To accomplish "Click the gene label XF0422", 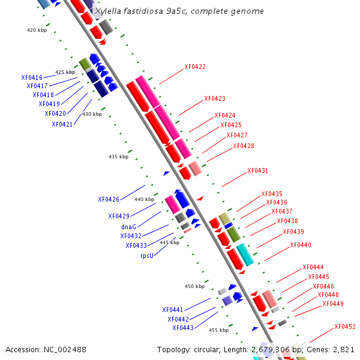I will pos(195,67).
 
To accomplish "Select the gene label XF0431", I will pos(257,170).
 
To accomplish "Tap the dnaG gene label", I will pos(129,227).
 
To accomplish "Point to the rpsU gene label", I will pos(147,255).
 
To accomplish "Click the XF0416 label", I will pos(32,77).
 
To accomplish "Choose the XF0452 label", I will pos(345,326).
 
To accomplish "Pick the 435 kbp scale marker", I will pos(118,157).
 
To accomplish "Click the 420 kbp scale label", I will pos(37,29).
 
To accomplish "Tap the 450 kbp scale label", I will pos(194,286).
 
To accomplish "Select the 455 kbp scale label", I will pos(218,330).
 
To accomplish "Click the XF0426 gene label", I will pos(109,199).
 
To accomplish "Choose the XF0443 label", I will pos(183,328).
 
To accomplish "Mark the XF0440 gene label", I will pos(301,245).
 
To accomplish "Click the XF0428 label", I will pos(244,146).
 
